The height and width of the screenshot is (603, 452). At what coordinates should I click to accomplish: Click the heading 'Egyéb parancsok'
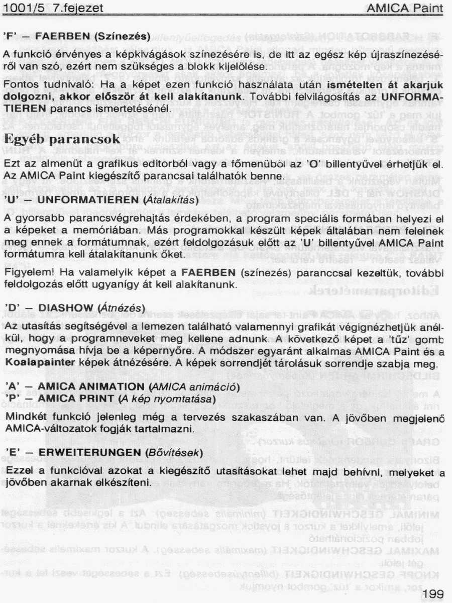pyautogui.click(x=62, y=139)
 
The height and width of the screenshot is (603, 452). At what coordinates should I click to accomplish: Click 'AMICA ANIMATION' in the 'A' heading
pyautogui.click(x=92, y=386)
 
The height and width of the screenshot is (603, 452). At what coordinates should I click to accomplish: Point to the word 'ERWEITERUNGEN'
pyautogui.click(x=89, y=453)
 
